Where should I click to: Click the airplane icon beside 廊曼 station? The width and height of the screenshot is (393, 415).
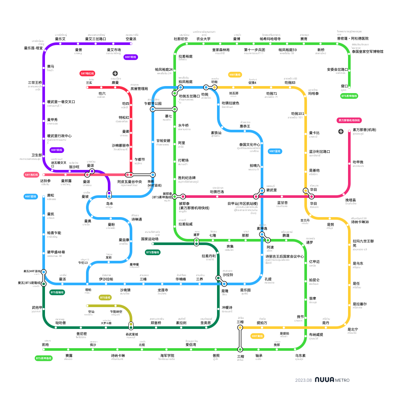click(115, 73)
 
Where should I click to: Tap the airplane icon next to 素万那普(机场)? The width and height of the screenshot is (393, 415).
click(341, 131)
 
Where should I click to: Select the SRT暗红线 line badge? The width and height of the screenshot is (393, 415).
click(87, 73)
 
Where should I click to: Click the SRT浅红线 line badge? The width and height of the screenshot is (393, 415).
click(31, 175)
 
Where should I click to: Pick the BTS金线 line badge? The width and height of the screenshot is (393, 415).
click(105, 297)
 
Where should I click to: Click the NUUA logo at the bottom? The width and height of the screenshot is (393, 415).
click(324, 380)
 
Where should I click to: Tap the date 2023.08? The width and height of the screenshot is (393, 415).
click(303, 380)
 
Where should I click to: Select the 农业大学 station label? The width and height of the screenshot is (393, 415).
click(203, 39)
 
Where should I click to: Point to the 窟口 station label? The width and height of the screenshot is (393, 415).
click(345, 86)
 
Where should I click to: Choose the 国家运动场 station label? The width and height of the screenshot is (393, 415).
click(150, 239)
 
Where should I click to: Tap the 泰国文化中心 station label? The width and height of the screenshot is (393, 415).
click(250, 145)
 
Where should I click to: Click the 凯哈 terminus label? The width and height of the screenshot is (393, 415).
click(45, 345)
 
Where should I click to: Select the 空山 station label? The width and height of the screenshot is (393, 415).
click(91, 311)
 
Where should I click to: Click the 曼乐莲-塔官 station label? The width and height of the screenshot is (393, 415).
click(34, 48)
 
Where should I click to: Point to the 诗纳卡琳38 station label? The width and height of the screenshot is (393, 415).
click(360, 222)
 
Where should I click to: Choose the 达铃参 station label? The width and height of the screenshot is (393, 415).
click(45, 181)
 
